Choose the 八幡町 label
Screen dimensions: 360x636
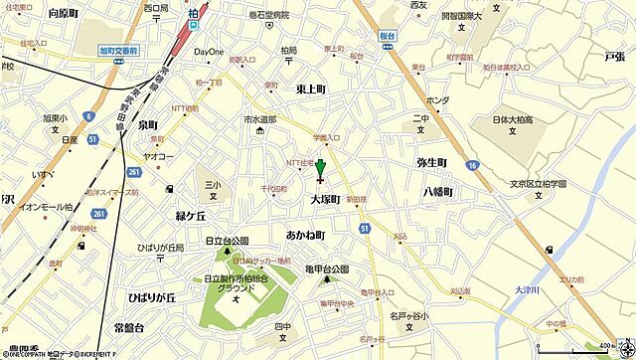click(x=437, y=191)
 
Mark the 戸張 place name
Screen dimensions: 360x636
click(x=614, y=60)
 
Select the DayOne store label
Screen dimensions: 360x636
click(x=210, y=51)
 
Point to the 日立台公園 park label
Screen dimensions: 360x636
click(x=223, y=241)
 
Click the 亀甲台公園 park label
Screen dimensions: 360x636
click(x=326, y=269)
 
